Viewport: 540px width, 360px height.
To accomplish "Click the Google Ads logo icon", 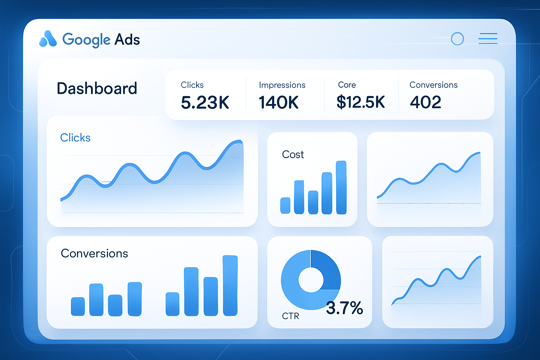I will (48, 39).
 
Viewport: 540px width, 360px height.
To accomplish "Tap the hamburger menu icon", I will (488, 39).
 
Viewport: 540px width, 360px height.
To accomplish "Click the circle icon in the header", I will (457, 39).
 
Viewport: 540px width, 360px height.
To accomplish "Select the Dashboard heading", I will (97, 89).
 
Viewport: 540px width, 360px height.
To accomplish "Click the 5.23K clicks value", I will (205, 103).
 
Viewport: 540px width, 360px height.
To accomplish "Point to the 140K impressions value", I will (278, 103).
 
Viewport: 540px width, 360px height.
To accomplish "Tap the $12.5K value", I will (360, 102).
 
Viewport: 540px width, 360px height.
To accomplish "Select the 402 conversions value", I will (425, 102).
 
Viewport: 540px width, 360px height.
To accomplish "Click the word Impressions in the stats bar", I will (282, 85).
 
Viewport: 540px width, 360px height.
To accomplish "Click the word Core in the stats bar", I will (347, 85).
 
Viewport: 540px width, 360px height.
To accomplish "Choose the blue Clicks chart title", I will (75, 137).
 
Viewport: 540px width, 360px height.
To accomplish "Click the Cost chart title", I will (293, 155).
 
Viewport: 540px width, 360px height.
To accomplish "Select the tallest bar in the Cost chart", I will (341, 187).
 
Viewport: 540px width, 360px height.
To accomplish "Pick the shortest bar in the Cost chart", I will (285, 206).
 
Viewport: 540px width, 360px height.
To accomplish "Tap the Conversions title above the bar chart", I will (94, 253).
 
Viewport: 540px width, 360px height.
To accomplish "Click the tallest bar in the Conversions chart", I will (230, 285).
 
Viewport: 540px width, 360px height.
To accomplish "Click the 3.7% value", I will (344, 308).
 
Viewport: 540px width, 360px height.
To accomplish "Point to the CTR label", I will (290, 316).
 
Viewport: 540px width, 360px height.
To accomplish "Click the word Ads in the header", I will (127, 39).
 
